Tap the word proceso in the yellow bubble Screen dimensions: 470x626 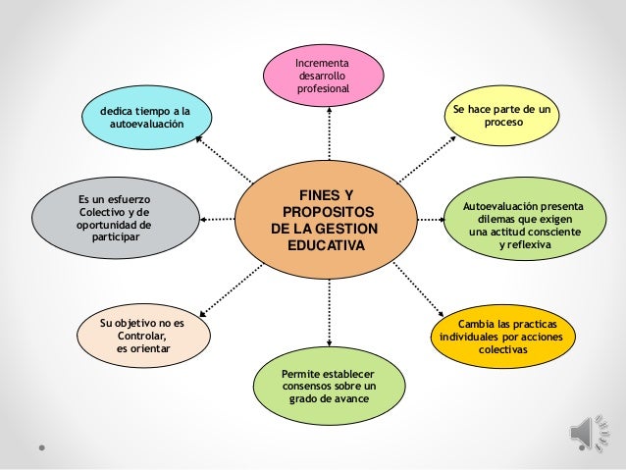[x=503, y=127]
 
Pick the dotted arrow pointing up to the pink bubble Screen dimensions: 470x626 [x=329, y=137]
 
